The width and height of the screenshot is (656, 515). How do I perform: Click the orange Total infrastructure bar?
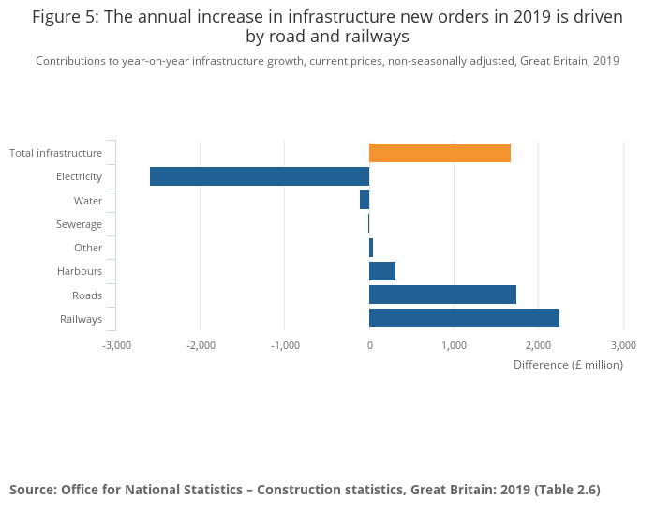tap(440, 153)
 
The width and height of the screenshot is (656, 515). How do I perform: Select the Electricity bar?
tap(260, 176)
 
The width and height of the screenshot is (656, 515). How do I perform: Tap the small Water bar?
tap(365, 200)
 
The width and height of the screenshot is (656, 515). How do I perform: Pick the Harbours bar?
tap(382, 271)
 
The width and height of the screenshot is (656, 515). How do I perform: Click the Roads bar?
tap(442, 295)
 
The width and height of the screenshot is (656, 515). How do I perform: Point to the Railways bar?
tap(464, 318)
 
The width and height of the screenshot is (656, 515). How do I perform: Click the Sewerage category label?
tap(79, 224)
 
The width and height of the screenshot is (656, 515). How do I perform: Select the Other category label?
tap(88, 248)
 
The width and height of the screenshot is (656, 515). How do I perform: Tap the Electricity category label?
tap(79, 176)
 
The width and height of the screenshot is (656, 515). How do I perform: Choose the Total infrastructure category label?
tap(55, 153)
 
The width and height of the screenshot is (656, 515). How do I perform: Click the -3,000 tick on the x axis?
tap(116, 345)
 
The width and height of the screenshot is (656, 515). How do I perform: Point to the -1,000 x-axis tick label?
tap(285, 345)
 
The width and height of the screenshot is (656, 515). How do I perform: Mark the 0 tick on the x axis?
tap(369, 345)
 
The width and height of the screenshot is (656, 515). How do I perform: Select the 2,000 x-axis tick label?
tap(538, 345)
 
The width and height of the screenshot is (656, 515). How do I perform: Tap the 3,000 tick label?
tap(622, 345)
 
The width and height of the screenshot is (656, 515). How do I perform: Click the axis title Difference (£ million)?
tap(568, 365)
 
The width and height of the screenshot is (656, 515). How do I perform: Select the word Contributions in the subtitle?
tap(71, 61)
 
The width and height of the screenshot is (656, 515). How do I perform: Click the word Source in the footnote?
tap(32, 490)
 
